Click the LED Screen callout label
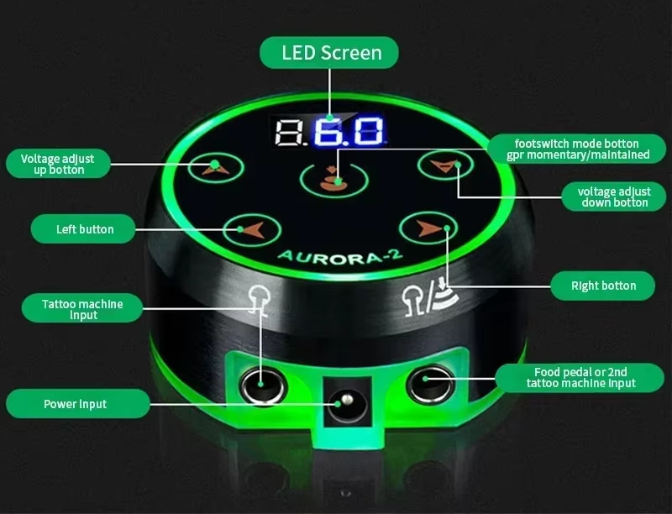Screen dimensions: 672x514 pos(329,53)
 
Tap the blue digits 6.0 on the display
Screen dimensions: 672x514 pos(348,131)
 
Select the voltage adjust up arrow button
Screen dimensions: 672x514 pos(216,167)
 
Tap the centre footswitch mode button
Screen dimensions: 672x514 pos(334,180)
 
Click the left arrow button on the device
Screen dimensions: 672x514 pos(252,230)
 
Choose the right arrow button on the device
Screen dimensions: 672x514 pos(428,228)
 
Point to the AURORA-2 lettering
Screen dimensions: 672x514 pos(341,255)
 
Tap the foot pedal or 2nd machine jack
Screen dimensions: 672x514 pos(430,383)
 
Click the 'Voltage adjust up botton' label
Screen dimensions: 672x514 pos(58,164)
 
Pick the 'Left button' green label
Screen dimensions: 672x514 pos(83,229)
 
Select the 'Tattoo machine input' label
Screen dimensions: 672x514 pos(81,308)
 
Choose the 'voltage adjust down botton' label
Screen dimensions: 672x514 pos(614,197)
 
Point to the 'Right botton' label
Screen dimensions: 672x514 pos(602,286)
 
